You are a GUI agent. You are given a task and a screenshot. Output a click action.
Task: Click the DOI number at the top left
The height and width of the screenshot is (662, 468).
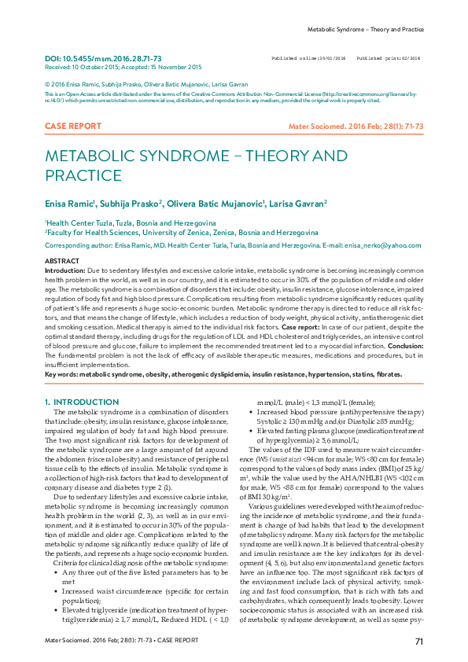[x=103, y=59]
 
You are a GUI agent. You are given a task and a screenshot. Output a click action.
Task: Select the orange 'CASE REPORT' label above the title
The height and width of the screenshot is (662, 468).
[x=73, y=126]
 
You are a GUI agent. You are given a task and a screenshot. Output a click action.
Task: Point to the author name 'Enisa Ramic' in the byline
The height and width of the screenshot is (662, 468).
[x=69, y=203]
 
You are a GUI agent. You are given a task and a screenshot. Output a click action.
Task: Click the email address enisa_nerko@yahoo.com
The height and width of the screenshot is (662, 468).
[x=384, y=245]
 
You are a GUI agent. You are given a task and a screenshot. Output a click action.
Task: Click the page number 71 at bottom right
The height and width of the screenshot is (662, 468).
[x=419, y=642]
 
